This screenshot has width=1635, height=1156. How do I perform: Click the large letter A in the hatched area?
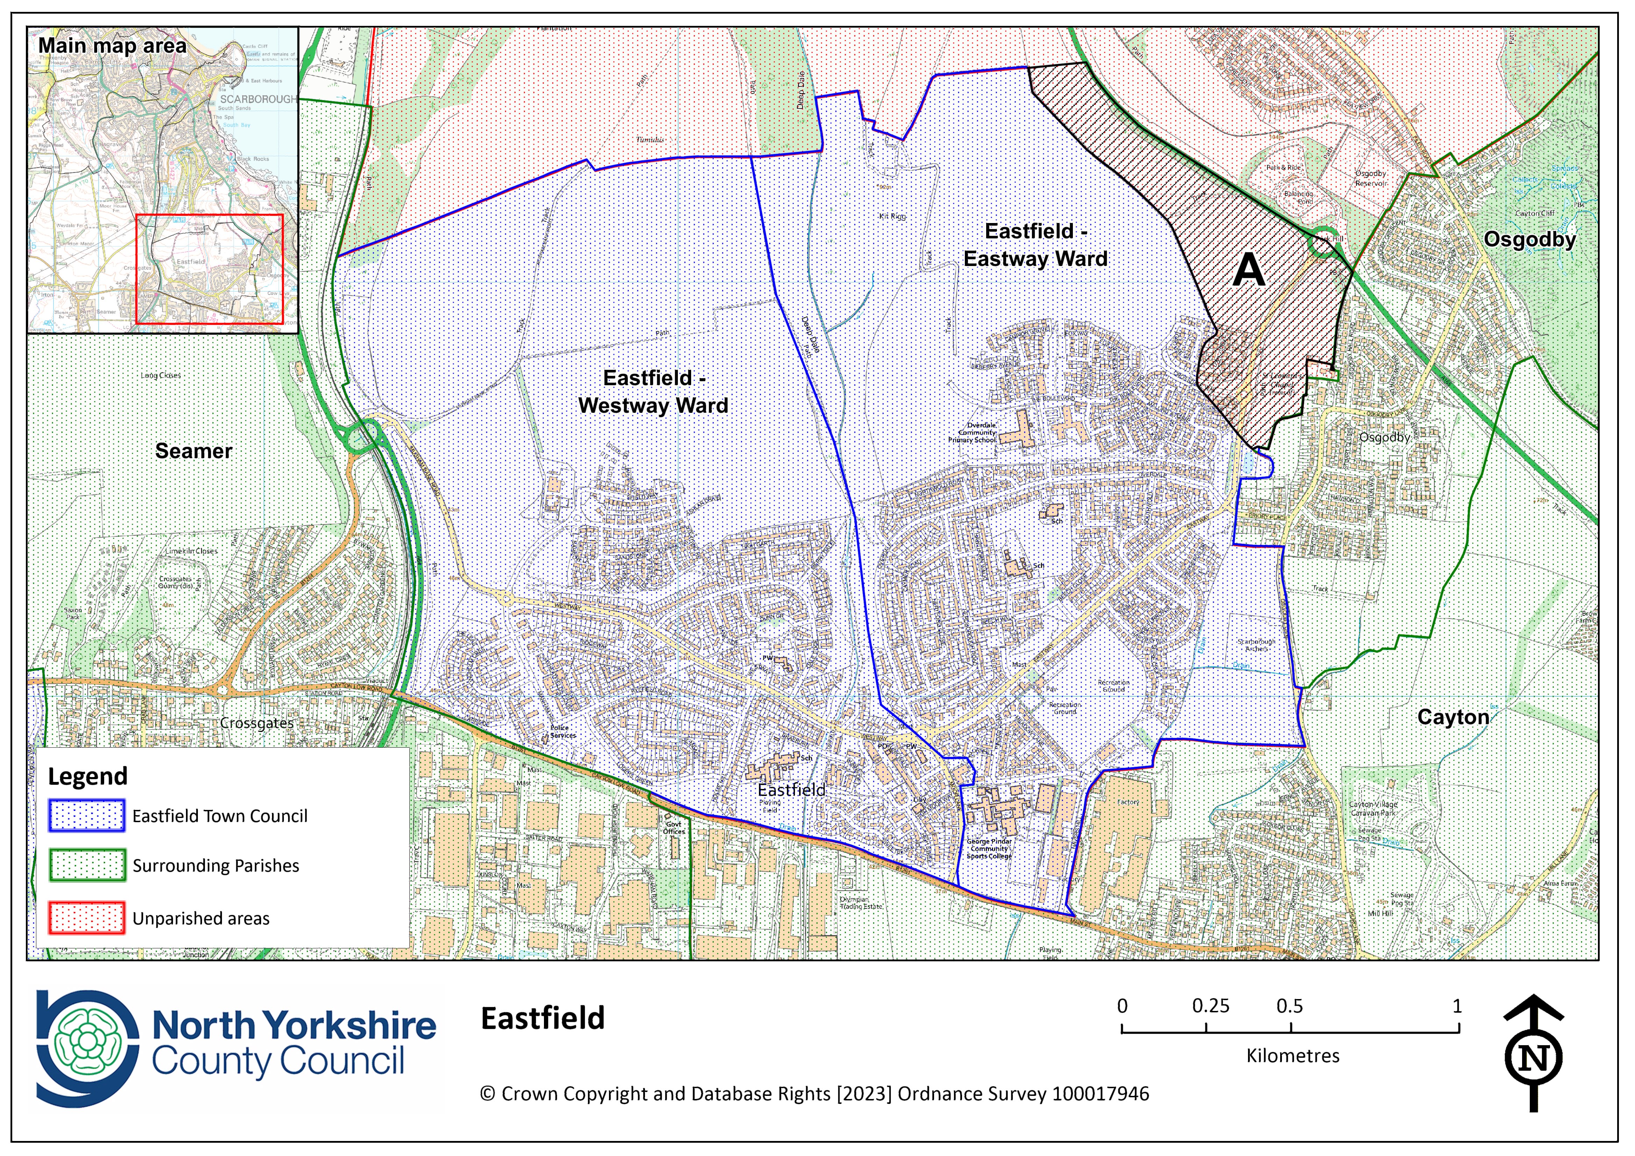pyautogui.click(x=1248, y=271)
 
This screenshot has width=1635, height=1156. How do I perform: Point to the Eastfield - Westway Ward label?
pyautogui.click(x=653, y=392)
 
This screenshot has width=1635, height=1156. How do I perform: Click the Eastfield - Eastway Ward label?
pyautogui.click(x=1035, y=245)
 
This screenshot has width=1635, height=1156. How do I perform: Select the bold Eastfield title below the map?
pyautogui.click(x=543, y=1019)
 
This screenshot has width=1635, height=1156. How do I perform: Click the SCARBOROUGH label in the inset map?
pyautogui.click(x=258, y=99)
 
